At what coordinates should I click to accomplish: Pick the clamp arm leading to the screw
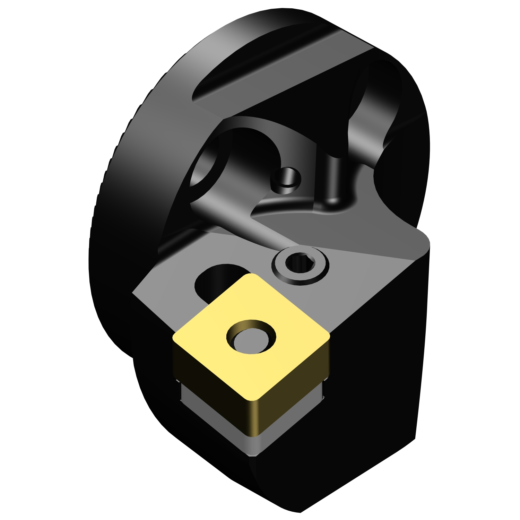(x=243, y=222)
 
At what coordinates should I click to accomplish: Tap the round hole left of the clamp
(x=205, y=166)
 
